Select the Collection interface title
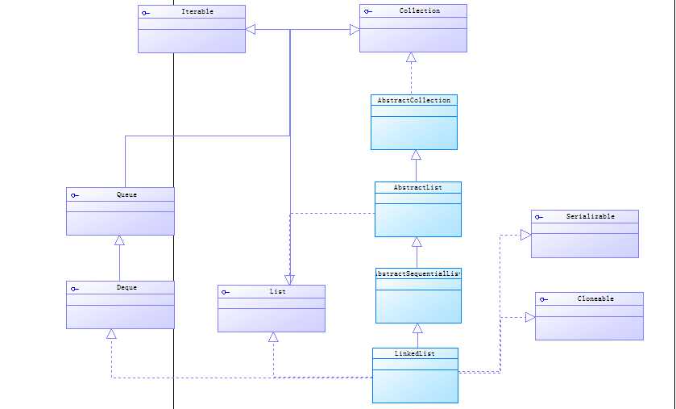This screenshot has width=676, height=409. coord(419,10)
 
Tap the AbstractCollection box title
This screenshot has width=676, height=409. coord(414,100)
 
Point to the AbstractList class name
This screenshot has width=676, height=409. coord(417,187)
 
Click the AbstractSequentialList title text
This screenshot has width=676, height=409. coord(418,273)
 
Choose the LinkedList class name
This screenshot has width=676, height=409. coord(414,353)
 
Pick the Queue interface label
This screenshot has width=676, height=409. coord(126,194)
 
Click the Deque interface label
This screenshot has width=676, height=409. coord(126,287)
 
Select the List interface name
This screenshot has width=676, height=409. coord(276,291)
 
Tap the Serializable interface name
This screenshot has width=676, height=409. coord(590,216)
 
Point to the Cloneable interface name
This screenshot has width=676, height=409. coord(595,298)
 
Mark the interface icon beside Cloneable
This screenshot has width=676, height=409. coord(543,299)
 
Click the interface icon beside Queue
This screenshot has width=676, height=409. coord(74,195)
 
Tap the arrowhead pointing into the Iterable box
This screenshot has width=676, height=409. coord(251,30)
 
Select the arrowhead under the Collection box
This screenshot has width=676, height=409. coord(411,57)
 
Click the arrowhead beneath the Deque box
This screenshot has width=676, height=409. coord(111,334)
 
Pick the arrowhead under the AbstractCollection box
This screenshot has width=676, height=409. coord(416,155)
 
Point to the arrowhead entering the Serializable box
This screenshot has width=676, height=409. coord(525,235)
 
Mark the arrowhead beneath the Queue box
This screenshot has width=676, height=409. coord(119,240)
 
